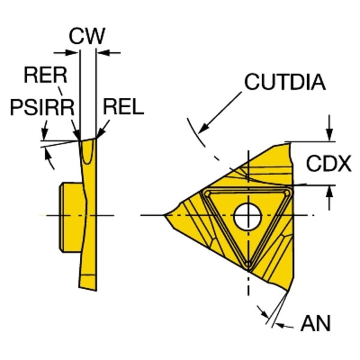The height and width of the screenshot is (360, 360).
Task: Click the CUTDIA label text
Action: [284, 82]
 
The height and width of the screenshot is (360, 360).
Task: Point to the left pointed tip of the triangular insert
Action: [166, 215]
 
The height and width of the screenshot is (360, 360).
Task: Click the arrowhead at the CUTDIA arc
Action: [202, 129]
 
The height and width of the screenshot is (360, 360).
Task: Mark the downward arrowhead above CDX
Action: [329, 137]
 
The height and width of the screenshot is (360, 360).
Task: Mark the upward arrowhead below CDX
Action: [329, 190]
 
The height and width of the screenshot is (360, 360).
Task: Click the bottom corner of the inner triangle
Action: [248, 265]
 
